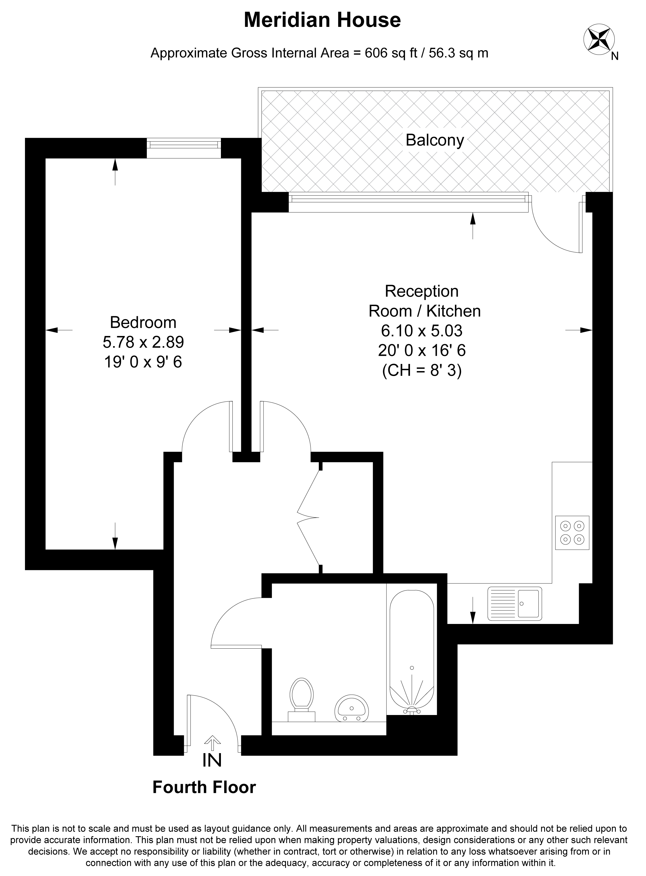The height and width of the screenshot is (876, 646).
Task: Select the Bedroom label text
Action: point(143,322)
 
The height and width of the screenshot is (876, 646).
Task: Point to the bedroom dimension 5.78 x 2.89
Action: point(143,342)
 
